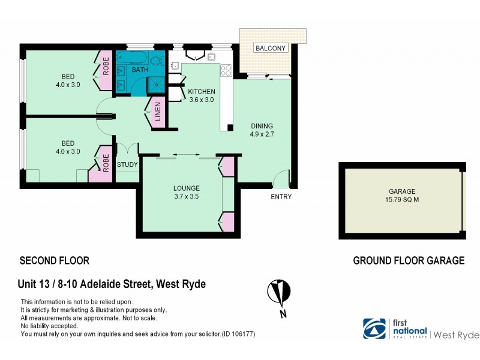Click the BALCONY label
pos(271,48)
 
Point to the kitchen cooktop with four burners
pos(226,71)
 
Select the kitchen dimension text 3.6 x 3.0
pos(202,101)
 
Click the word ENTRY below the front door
pos(281,197)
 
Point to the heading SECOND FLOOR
pos(55,260)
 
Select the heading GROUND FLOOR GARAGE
pos(409,260)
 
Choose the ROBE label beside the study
pos(106,164)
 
